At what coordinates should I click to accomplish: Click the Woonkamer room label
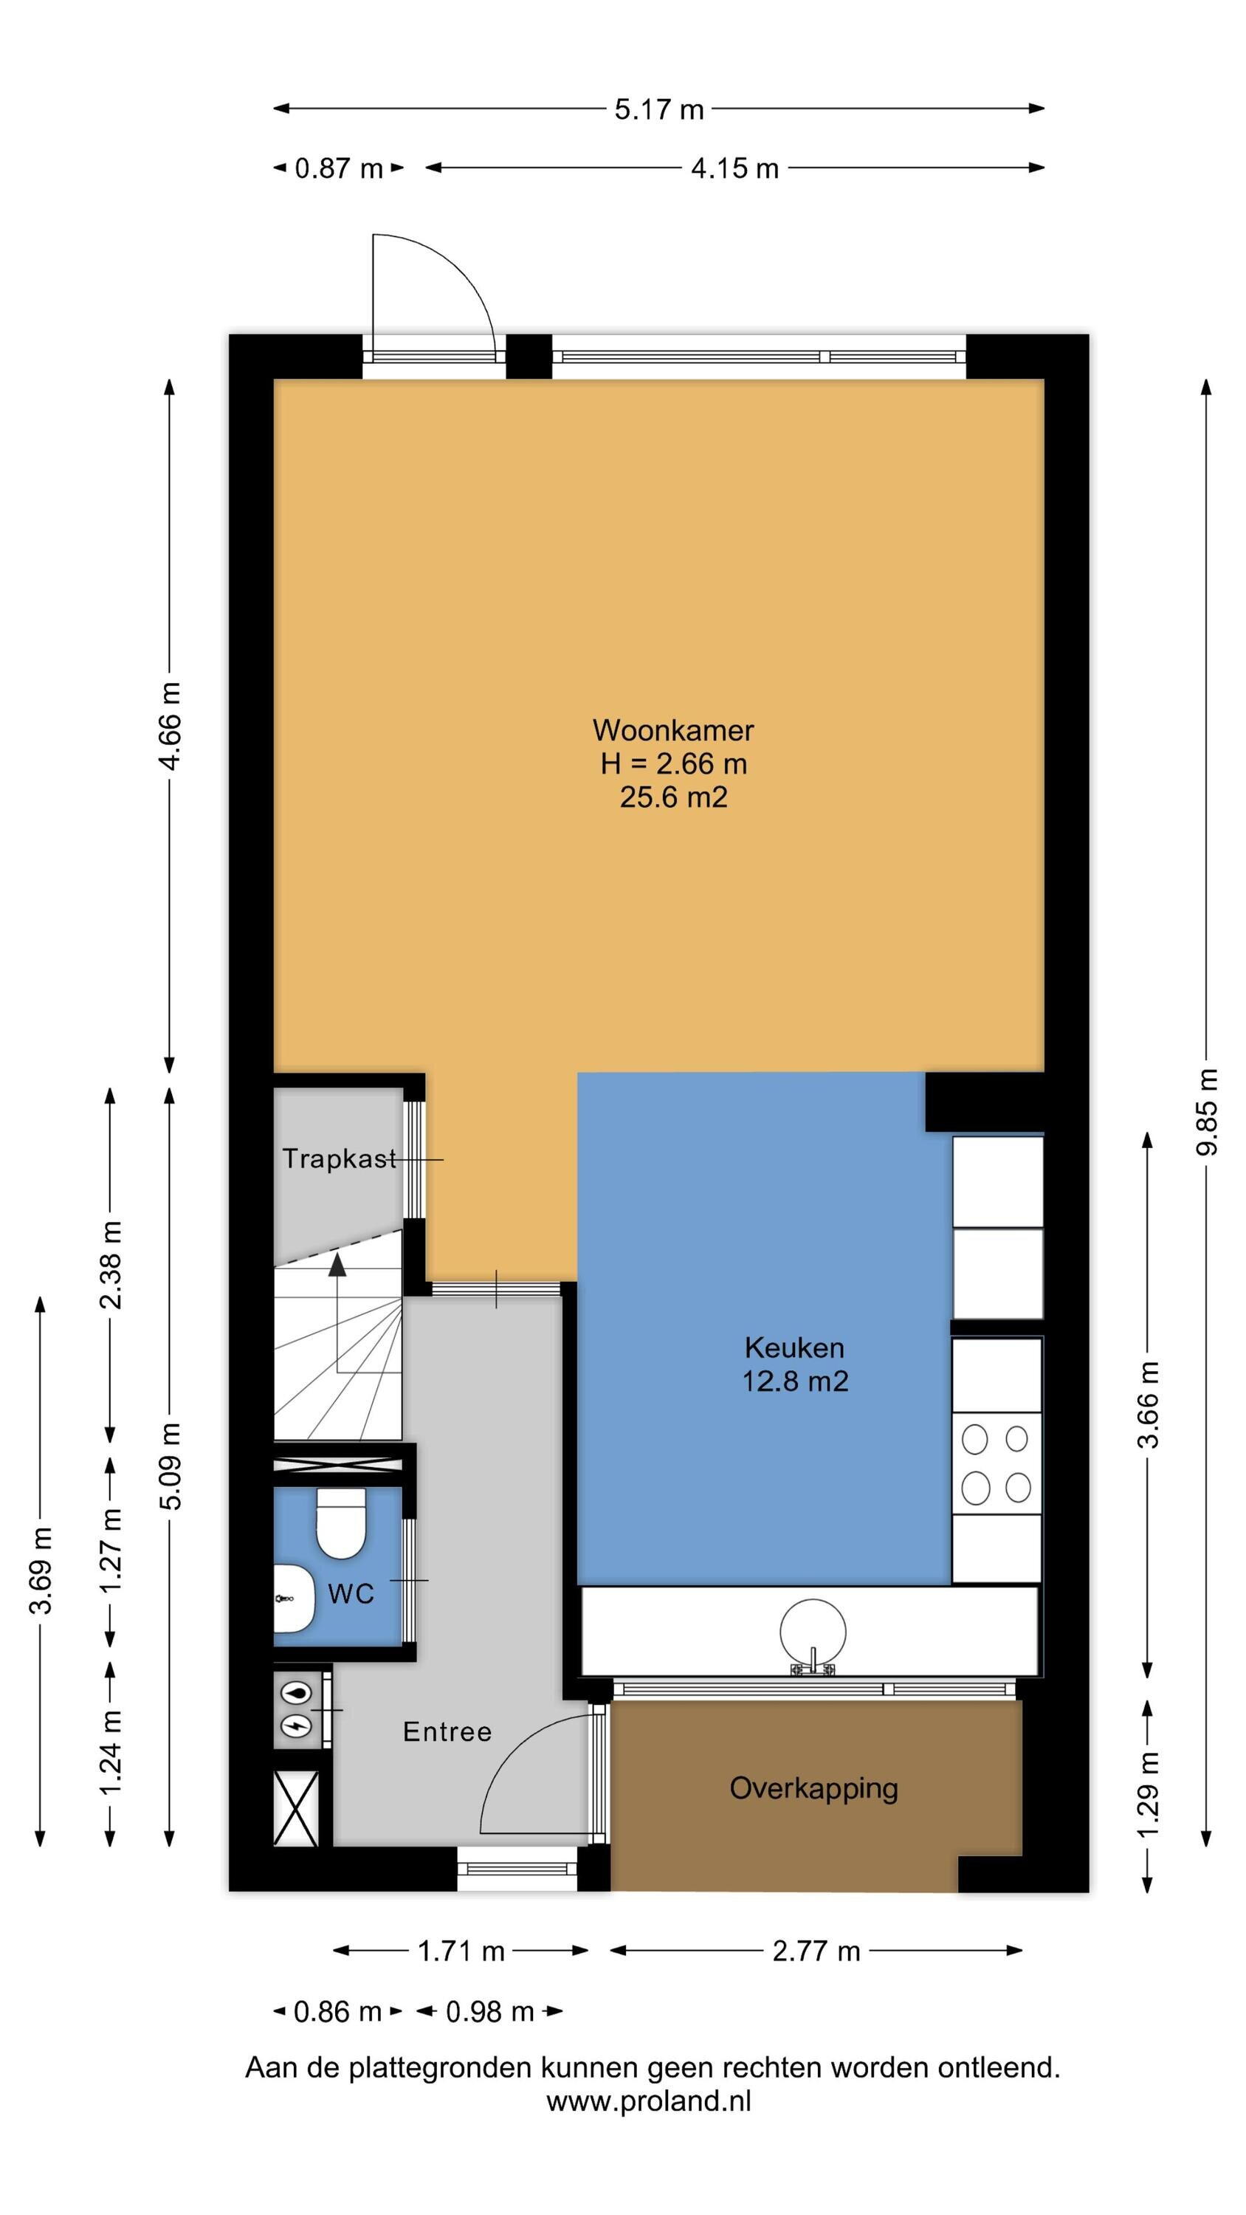(672, 730)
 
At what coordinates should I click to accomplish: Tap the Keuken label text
(794, 1347)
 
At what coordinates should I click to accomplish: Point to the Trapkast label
(340, 1158)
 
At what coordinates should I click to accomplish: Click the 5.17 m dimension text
(658, 109)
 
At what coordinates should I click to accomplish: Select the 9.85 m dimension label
(1208, 1111)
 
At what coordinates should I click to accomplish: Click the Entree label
(447, 1731)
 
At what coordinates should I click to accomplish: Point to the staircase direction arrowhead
(337, 1263)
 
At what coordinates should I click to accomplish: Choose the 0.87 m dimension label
(338, 168)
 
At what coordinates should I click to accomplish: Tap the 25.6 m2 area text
(673, 797)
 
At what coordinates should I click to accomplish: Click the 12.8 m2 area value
(794, 1381)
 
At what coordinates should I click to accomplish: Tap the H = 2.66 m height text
(673, 763)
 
